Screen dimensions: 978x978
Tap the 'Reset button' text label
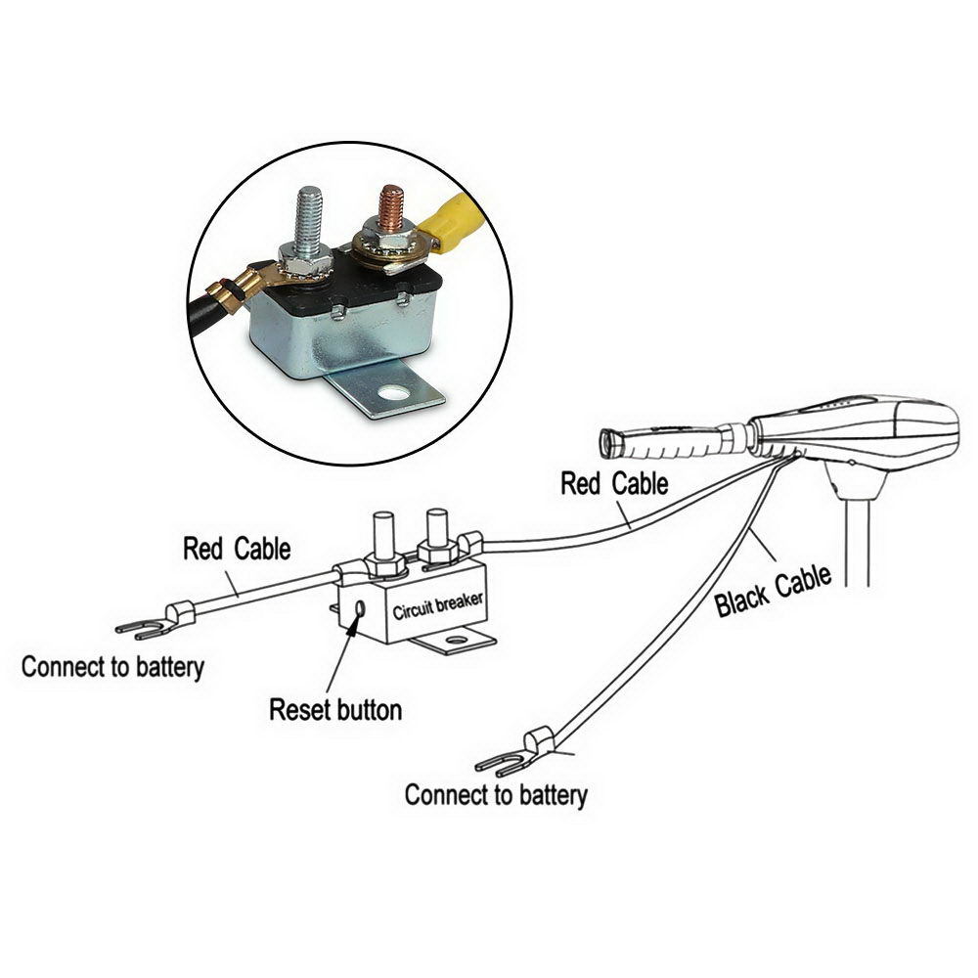tap(335, 709)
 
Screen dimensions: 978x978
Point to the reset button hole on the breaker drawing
tap(361, 608)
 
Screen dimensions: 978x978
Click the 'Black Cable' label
tap(774, 590)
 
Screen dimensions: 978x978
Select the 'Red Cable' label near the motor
tap(614, 483)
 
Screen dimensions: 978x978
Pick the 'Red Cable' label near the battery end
tap(237, 549)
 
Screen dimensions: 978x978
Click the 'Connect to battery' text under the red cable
tap(112, 668)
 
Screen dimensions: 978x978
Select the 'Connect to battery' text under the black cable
tap(496, 794)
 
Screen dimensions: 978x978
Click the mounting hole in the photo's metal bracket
tap(396, 396)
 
